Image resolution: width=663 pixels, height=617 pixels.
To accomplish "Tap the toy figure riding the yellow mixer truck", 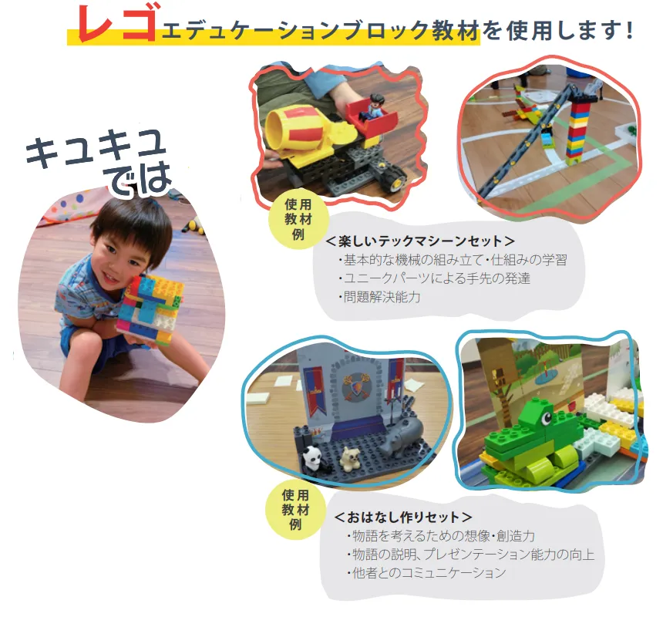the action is (x=374, y=107).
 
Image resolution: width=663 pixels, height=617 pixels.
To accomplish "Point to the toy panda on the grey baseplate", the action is (x=312, y=459).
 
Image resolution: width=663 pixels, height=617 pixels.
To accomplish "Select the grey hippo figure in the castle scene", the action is (x=400, y=436).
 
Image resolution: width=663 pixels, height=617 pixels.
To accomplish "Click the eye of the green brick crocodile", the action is (x=546, y=417).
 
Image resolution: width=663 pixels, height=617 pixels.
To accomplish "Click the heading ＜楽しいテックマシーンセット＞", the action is (x=420, y=241).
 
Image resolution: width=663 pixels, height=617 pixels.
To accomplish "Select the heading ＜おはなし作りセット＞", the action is (x=403, y=517).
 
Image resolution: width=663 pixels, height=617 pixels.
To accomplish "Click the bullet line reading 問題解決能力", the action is (x=379, y=296).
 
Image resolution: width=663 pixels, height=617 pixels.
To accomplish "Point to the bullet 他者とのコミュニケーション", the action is (x=426, y=572).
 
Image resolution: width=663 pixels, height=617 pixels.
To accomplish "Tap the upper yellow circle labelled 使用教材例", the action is (x=298, y=220).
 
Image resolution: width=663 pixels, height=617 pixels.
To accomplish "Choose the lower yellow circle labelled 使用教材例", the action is (x=295, y=510).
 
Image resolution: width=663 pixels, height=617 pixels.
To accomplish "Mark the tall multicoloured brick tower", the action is (x=577, y=129).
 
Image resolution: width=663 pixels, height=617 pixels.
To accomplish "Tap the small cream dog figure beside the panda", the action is (x=350, y=459).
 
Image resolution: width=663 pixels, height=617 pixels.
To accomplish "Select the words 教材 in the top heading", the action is (x=456, y=30).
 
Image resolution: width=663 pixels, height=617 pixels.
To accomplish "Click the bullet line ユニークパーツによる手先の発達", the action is (x=434, y=278).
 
